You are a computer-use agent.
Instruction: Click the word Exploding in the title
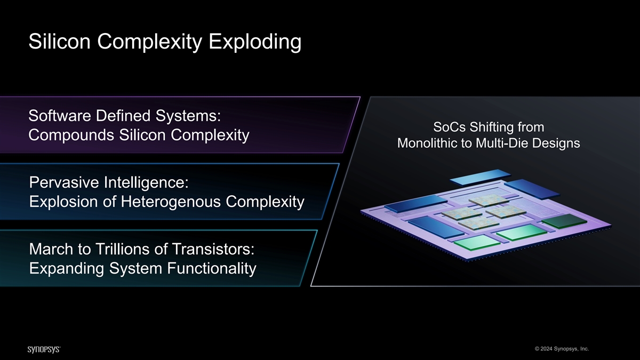[255, 42]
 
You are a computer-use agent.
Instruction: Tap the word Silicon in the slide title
[59, 42]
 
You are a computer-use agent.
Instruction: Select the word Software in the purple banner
[59, 116]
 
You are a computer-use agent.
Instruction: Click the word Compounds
[71, 135]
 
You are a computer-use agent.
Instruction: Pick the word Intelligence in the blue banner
[146, 183]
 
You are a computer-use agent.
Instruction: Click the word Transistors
[213, 249]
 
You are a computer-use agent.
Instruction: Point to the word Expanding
[67, 269]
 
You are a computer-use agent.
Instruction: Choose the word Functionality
[211, 269]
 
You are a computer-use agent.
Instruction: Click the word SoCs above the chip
[450, 127]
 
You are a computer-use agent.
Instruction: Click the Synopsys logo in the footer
[44, 349]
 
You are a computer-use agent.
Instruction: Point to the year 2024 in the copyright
[546, 349]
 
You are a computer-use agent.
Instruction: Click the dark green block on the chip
[565, 221]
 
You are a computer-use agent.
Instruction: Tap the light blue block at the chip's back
[481, 177]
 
